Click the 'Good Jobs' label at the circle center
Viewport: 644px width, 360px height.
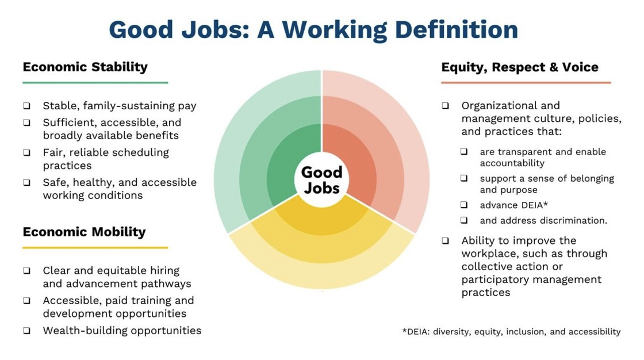click(321, 180)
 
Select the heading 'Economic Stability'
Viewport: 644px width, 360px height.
click(85, 67)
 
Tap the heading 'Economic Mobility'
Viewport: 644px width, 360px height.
click(84, 232)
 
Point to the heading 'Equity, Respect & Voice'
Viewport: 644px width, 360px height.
click(520, 67)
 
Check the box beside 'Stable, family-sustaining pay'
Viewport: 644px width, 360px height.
click(26, 106)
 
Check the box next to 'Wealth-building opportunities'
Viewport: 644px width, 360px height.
click(26, 331)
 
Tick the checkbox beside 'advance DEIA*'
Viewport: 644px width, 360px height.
click(464, 205)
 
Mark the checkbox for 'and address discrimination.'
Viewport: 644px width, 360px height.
click(464, 220)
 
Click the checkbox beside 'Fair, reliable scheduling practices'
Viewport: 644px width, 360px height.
click(26, 153)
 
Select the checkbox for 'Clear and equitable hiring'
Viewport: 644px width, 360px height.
click(26, 271)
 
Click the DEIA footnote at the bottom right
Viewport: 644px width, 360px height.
click(511, 331)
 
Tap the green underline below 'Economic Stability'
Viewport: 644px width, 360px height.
click(95, 83)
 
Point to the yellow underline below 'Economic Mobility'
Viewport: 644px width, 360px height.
click(95, 248)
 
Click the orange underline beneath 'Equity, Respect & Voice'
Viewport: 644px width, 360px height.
click(526, 83)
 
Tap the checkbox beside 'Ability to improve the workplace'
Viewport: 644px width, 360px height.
click(446, 241)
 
